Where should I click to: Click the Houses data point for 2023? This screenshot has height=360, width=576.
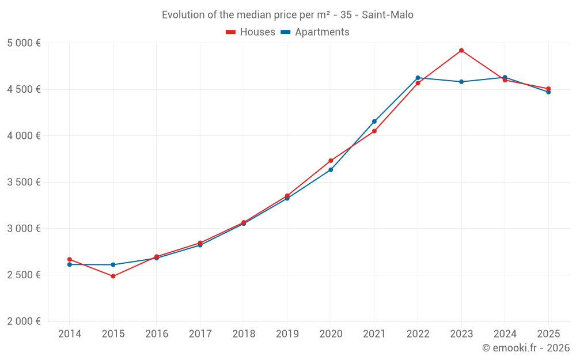[x=461, y=51]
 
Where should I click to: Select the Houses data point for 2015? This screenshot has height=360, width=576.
[x=113, y=276]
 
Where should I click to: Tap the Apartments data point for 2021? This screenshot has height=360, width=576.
[x=374, y=122]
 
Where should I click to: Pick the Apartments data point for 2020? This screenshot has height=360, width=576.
[x=331, y=170]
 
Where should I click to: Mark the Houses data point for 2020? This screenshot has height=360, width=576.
[x=331, y=161]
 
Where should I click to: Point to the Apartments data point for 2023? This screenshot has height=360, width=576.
[x=461, y=82]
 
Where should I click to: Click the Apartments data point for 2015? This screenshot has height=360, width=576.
[x=113, y=265]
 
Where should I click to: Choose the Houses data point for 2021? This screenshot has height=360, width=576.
[x=374, y=131]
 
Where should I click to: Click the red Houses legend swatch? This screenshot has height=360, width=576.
[x=230, y=32]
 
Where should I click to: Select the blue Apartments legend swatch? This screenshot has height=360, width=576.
[x=285, y=32]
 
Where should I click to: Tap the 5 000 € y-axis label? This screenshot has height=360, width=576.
[x=24, y=43]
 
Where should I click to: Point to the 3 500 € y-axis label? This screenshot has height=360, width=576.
[x=24, y=182]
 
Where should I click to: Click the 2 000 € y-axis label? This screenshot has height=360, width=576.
[x=24, y=321]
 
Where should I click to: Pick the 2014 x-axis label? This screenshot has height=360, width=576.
[x=70, y=334]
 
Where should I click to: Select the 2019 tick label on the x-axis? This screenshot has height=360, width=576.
[x=287, y=334]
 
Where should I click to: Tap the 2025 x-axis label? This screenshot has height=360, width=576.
[x=548, y=334]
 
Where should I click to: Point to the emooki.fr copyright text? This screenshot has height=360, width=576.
[x=526, y=348]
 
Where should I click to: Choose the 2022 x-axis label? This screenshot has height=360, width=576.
[x=418, y=334]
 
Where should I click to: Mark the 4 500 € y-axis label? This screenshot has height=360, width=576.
[x=24, y=89]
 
